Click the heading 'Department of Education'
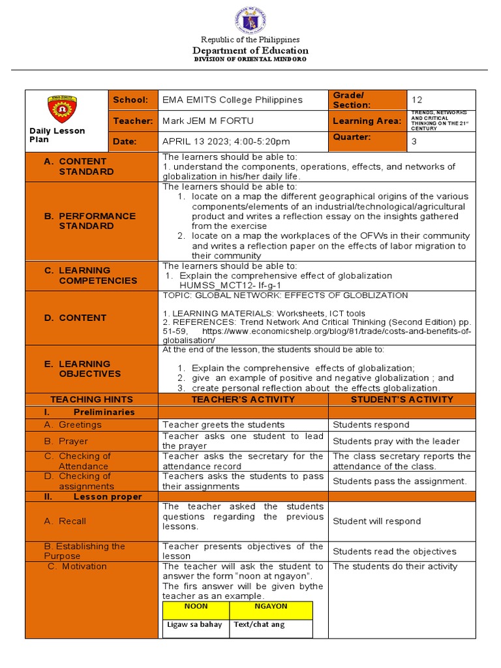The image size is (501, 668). coord(250,51)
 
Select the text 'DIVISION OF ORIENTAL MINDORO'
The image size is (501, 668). coord(250,59)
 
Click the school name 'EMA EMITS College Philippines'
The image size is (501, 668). coord(233,100)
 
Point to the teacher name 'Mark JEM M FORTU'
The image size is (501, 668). coord(208,121)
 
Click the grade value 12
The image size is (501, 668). coord(417,100)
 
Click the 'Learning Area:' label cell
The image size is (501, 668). coord(367,121)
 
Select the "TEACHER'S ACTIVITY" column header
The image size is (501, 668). coord(243,399)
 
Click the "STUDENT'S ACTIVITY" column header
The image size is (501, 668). coord(401,399)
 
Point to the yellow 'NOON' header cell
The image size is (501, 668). coord(196,607)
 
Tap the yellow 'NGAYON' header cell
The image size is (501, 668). coord(271,607)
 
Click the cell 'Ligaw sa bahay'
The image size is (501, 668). coord(195,625)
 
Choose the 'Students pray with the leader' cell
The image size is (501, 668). coord(396,442)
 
